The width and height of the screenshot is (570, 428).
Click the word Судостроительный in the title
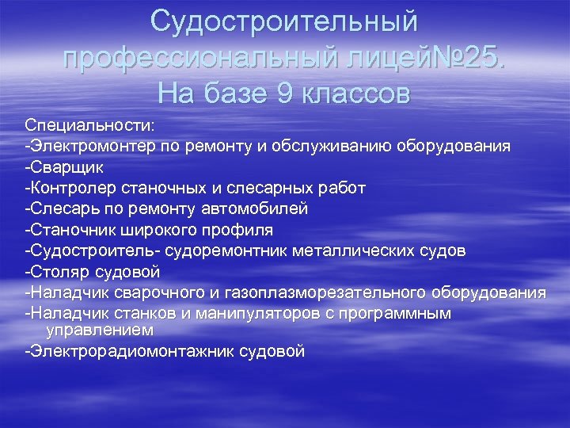tap(284, 21)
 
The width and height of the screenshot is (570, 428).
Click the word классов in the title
tap(357, 94)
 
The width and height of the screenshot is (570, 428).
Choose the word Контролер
tap(72, 188)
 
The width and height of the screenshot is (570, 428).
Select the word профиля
tap(237, 230)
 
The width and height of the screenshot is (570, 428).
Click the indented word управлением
tap(100, 328)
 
